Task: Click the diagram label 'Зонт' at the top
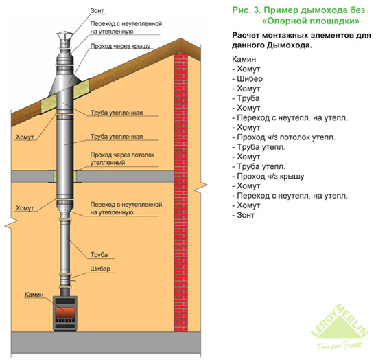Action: (x=97, y=10)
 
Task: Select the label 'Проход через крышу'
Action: (x=120, y=46)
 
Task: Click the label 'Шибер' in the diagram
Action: (x=100, y=269)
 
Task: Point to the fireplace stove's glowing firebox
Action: (x=65, y=312)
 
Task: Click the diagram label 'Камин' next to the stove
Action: (x=34, y=295)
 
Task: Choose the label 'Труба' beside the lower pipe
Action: (x=99, y=255)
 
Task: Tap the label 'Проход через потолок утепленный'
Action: (x=122, y=159)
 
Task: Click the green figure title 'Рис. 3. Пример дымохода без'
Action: (x=298, y=10)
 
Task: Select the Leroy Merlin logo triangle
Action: (x=340, y=321)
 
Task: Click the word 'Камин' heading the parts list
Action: (x=244, y=59)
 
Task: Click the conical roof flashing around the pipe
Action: (x=63, y=83)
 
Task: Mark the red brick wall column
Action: (x=180, y=193)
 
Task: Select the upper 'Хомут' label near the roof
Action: (x=25, y=137)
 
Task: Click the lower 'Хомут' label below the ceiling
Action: (x=25, y=208)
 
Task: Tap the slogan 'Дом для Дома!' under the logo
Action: (x=340, y=345)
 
